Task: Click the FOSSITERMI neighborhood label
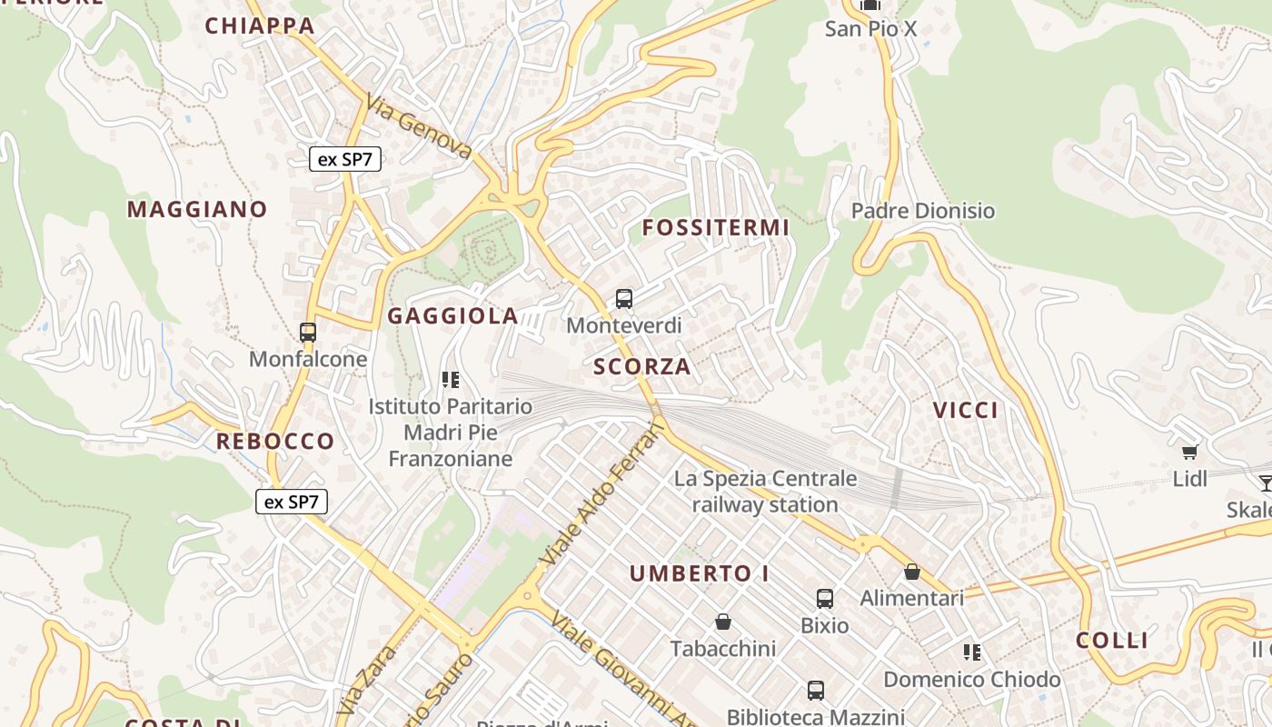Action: [716, 228]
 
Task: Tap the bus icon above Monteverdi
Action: [624, 298]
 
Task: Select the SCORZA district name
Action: [642, 367]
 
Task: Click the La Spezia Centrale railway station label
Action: [765, 492]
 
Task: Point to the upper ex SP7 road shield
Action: [345, 160]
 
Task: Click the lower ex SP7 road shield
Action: [291, 502]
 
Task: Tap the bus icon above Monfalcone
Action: [308, 333]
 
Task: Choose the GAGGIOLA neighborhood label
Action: [452, 316]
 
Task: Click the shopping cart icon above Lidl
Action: [1189, 452]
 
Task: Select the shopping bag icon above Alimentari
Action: [912, 572]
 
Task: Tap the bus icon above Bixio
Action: [825, 599]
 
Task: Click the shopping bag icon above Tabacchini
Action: [723, 622]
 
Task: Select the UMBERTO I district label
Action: [700, 574]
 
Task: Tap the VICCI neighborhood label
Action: [966, 411]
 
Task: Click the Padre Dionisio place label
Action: [923, 211]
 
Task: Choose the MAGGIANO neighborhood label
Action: [197, 210]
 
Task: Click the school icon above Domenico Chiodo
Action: [972, 652]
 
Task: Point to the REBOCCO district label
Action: [275, 443]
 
